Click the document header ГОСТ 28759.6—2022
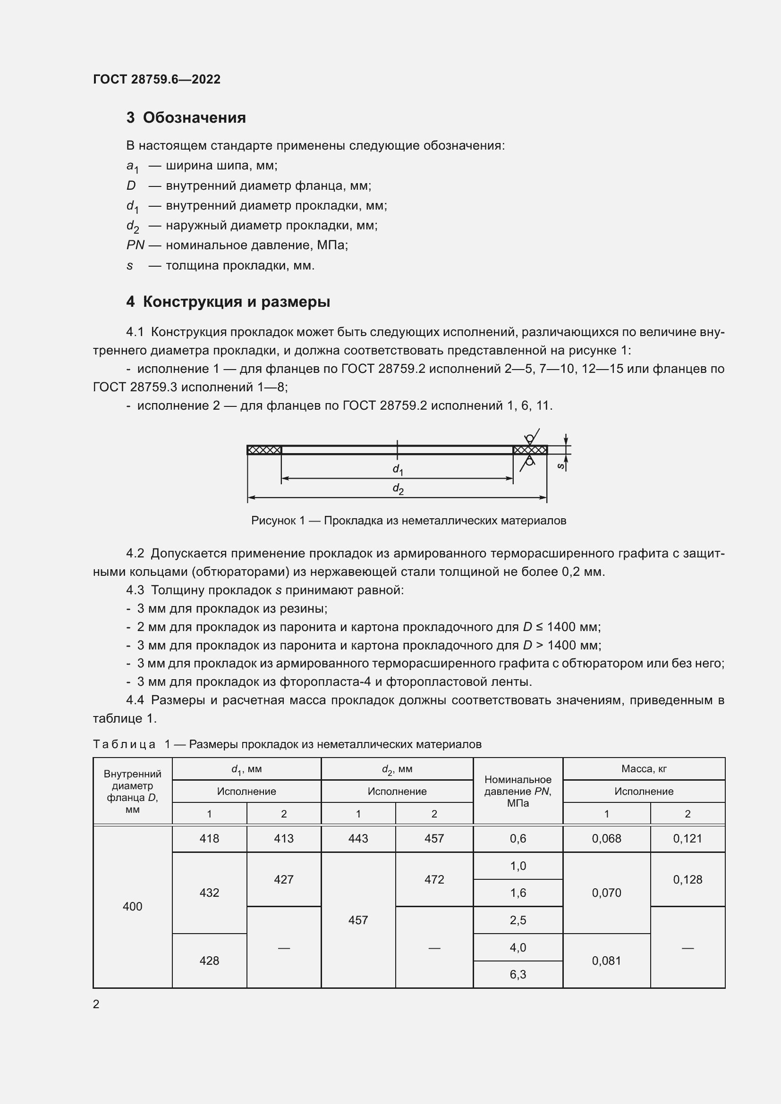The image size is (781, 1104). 157,79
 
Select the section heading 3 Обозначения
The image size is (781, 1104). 186,118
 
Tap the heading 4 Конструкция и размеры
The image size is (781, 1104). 229,302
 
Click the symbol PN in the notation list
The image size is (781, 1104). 135,245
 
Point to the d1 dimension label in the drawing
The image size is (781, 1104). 398,469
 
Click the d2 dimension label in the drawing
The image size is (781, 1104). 398,489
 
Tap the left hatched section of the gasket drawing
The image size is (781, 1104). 264,450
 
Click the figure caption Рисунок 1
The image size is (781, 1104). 408,521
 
